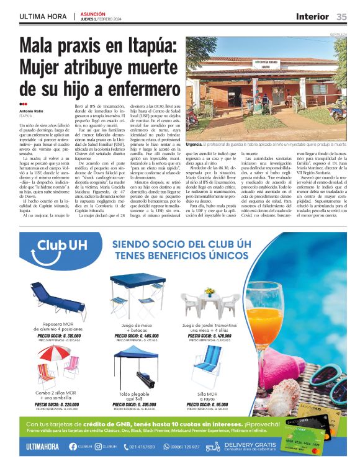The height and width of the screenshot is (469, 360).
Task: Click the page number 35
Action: tap(342, 16)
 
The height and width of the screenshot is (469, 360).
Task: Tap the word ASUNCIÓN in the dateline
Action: tap(92, 14)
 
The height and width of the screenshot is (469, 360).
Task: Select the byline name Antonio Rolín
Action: tap(31, 111)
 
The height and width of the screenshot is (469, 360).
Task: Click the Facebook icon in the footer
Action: tap(73, 446)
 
